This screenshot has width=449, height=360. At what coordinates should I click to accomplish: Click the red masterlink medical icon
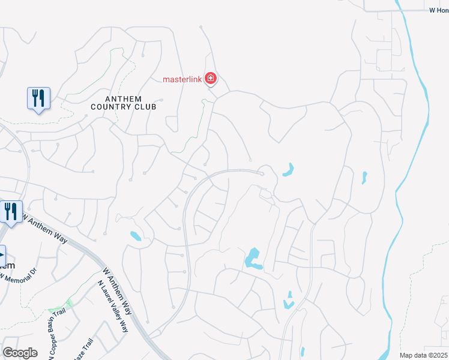210,79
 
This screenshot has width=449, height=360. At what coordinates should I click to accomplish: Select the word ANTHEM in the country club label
123,99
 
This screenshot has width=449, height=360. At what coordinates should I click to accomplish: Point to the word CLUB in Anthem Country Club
145,107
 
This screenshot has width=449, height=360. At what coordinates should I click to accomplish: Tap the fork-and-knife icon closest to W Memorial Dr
11,212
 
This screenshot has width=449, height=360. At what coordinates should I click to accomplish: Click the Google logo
20,353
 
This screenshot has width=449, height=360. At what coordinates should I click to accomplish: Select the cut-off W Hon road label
439,10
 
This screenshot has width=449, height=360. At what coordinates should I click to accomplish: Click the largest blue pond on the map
252,259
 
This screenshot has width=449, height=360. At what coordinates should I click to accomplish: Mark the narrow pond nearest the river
363,178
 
